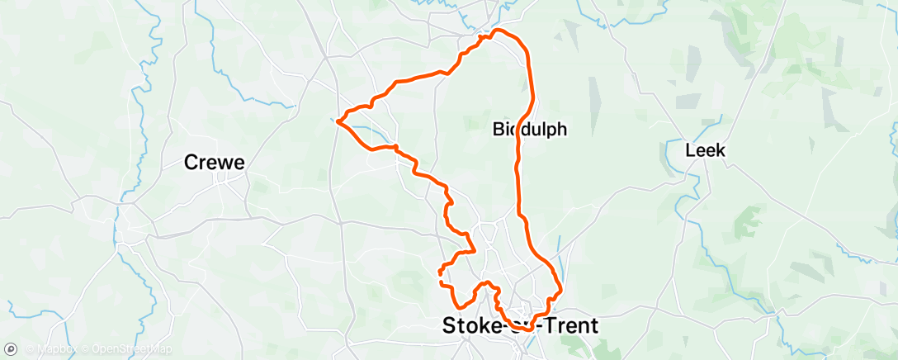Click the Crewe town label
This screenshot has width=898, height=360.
pyautogui.click(x=214, y=163)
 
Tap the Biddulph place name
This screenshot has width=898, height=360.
pyautogui.click(x=530, y=129)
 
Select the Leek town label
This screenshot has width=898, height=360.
pyautogui.click(x=705, y=150)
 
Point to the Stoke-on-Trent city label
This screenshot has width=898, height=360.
pyautogui.click(x=520, y=325)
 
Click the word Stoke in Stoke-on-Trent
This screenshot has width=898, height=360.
pyautogui.click(x=470, y=325)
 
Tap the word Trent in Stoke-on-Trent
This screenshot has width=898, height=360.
pyautogui.click(x=570, y=325)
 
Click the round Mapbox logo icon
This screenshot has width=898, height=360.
pyautogui.click(x=12, y=349)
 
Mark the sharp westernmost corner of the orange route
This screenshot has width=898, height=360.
pyautogui.click(x=338, y=122)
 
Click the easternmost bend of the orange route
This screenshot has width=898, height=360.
pyautogui.click(x=561, y=289)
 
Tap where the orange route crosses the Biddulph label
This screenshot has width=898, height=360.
pyautogui.click(x=520, y=129)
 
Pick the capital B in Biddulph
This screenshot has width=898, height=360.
pyautogui.click(x=499, y=129)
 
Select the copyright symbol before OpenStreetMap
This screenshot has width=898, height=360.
pyautogui.click(x=84, y=349)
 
